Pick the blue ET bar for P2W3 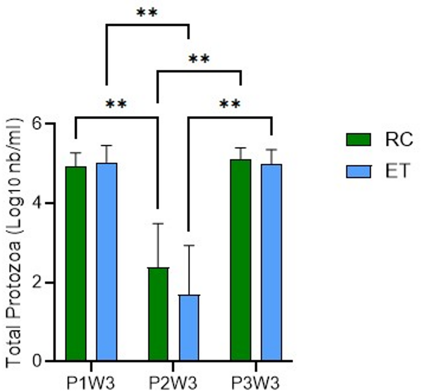[x=189, y=327]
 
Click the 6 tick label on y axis [x=38, y=124]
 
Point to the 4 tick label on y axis [x=38, y=203]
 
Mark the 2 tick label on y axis [x=38, y=283]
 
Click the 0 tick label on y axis [x=38, y=361]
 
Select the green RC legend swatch [x=358, y=139]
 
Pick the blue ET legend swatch [x=358, y=172]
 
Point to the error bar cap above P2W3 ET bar [x=189, y=246]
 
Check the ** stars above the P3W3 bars [x=230, y=104]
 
